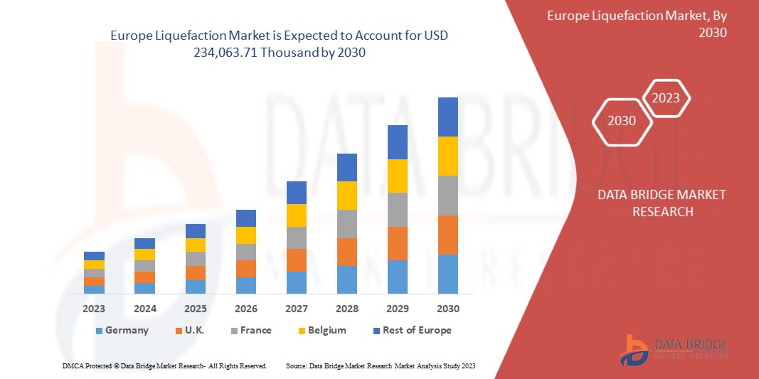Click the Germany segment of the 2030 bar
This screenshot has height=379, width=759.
click(x=447, y=274)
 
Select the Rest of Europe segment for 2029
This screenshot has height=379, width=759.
click(x=397, y=142)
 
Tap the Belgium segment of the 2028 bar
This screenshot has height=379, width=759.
click(x=346, y=196)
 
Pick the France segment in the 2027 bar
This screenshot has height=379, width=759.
click(x=296, y=237)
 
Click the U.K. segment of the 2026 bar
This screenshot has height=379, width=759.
click(x=245, y=269)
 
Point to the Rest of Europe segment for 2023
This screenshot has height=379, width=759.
click(x=94, y=256)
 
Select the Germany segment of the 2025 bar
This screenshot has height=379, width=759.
click(x=195, y=287)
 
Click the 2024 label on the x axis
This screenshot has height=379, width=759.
click(x=144, y=309)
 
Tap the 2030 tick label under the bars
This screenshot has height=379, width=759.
click(x=447, y=309)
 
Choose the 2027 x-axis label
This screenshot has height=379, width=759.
click(x=296, y=309)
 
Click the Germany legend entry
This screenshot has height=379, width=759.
click(x=127, y=330)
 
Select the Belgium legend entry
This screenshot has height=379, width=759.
click(x=327, y=330)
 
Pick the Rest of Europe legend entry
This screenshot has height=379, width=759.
click(x=416, y=330)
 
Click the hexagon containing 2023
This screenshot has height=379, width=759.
click(x=666, y=98)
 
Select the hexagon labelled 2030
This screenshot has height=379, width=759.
click(x=622, y=121)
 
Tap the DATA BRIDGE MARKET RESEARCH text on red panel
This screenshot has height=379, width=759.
click(x=661, y=203)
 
